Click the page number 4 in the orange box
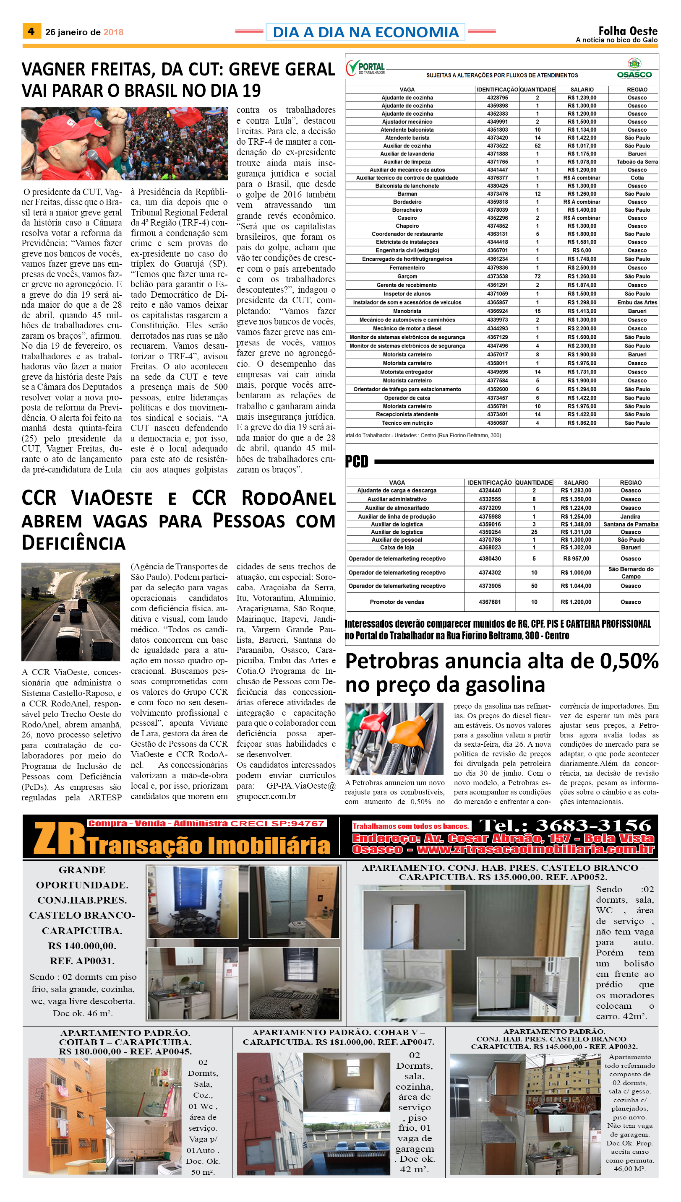click(x=31, y=31)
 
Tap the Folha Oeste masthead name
click(x=628, y=31)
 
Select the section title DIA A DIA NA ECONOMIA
click(x=365, y=32)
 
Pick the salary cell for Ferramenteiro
click(x=582, y=268)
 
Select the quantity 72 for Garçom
click(x=537, y=276)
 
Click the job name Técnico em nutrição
click(x=407, y=423)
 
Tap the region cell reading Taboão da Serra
click(x=637, y=162)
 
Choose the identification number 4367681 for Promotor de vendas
click(x=489, y=602)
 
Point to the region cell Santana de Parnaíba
click(x=631, y=524)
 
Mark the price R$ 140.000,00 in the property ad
click(x=82, y=946)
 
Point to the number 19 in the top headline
click(x=251, y=90)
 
